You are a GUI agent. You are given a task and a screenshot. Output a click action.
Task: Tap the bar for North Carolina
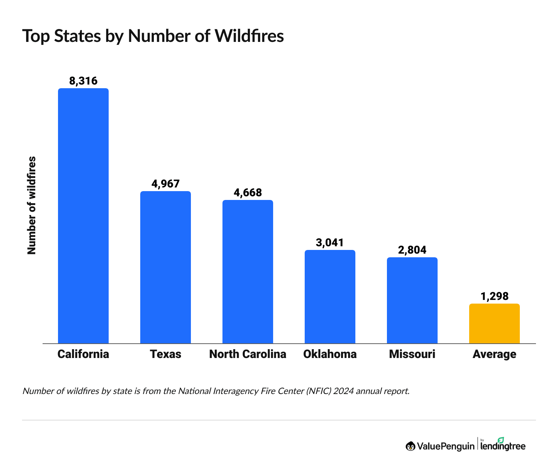248,272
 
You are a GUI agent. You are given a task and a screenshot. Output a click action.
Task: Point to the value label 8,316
83,81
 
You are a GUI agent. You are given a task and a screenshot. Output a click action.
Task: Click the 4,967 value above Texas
166,184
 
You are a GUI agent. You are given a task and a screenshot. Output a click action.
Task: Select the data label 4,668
248,193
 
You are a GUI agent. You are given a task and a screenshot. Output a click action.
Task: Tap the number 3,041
330,243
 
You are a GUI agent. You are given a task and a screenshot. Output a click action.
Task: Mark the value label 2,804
412,250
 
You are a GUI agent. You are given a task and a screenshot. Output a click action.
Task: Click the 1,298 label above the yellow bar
494,296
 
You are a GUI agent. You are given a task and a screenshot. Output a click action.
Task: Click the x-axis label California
83,354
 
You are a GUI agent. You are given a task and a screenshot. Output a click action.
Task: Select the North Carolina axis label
248,354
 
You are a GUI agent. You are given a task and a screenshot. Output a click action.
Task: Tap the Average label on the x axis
494,354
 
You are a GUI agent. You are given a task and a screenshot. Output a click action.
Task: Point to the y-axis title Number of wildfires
32,205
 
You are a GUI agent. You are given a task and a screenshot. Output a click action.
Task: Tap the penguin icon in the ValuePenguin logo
410,446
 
